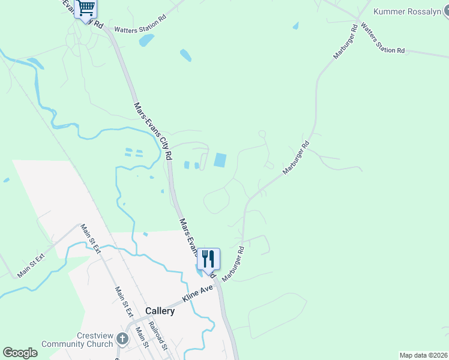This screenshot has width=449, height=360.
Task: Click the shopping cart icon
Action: coord(86,8)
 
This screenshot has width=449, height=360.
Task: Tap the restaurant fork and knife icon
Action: coord(208,259)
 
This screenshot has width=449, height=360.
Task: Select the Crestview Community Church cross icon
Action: coord(122,340)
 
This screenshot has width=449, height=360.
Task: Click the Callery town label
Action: coord(160,311)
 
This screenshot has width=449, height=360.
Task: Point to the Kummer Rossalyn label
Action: coord(411,11)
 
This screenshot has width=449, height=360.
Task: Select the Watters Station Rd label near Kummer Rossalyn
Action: coord(382,40)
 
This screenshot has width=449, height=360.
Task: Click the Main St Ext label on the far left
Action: coord(31,266)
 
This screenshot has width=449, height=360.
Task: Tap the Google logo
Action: coord(20,353)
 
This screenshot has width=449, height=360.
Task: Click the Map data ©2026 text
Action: coord(423,355)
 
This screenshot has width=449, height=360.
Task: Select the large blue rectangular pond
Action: coord(220,160)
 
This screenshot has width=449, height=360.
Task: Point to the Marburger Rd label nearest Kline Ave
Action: coord(234,265)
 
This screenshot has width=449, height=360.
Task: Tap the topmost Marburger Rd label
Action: coord(345,42)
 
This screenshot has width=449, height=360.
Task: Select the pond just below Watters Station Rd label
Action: coord(146,40)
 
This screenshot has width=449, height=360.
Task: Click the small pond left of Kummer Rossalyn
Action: coord(295,26)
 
